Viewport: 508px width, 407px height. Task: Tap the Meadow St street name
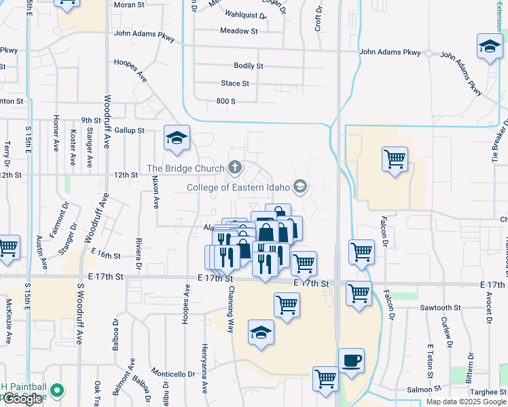point(239,31)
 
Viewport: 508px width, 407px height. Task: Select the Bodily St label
point(248,66)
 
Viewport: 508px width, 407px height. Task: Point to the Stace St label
point(235,83)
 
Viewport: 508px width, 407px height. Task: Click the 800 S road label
point(225,101)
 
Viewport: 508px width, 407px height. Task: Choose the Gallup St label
point(130,130)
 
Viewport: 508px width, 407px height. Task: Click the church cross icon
point(235,167)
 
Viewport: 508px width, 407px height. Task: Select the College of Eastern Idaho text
point(238,187)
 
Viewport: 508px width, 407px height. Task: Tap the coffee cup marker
point(351,361)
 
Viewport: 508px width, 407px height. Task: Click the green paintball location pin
point(57,391)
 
